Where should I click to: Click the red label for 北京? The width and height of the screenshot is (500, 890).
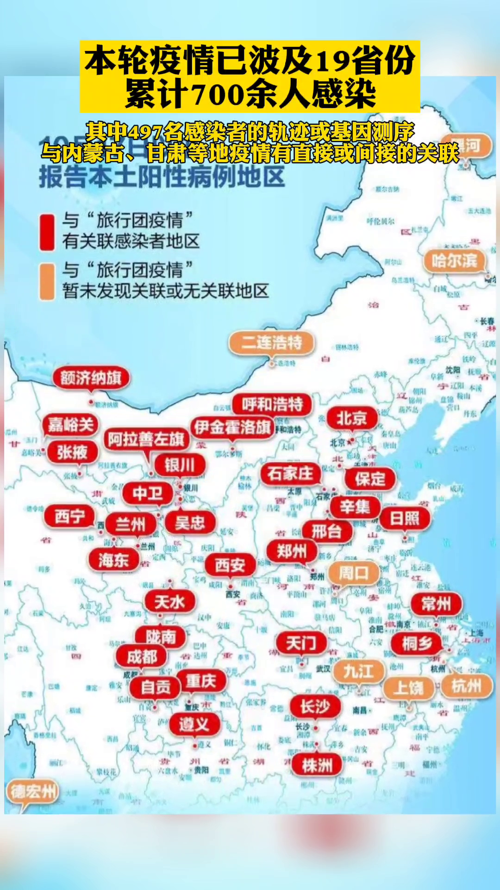(x=352, y=419)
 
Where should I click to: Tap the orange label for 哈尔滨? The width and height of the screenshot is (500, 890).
(x=454, y=261)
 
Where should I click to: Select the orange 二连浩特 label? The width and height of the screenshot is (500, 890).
(x=271, y=343)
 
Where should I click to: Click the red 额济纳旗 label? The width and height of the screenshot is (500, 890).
(x=91, y=378)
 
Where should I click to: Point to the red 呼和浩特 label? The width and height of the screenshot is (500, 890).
(x=272, y=404)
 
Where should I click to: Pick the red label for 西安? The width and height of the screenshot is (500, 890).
(x=230, y=565)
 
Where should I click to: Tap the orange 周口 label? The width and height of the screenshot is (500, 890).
(x=353, y=573)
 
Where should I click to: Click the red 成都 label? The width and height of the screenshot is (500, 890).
(x=142, y=656)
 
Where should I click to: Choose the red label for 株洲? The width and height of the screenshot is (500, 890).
(x=317, y=765)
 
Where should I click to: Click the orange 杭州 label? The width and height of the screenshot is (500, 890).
(x=466, y=686)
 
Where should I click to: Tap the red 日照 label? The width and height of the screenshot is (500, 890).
(x=405, y=518)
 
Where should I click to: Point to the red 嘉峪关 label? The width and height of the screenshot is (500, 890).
(x=71, y=424)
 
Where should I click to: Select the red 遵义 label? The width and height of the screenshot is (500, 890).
(x=194, y=724)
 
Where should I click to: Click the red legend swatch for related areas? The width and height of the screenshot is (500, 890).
(x=47, y=232)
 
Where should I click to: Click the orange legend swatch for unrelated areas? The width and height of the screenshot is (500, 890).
(x=47, y=282)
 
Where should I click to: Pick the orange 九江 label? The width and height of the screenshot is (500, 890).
(x=358, y=671)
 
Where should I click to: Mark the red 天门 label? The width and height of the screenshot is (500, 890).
(x=301, y=643)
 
